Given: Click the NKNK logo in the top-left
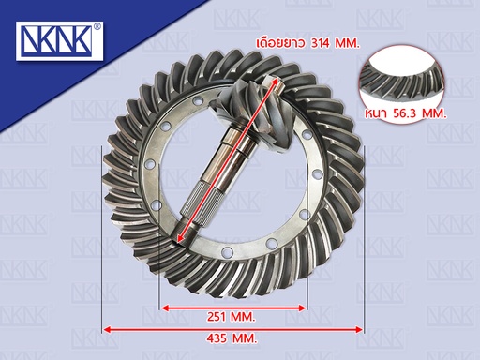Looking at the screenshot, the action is point(59,41).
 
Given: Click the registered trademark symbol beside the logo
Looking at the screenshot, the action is point(97,26).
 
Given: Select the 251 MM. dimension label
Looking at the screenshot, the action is point(232,317).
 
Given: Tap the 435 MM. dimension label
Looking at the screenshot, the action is point(232,338).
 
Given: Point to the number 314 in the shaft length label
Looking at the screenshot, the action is point(320,43).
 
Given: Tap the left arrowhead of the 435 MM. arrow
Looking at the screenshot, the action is point(107,329).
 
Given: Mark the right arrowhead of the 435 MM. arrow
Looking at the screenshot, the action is point(359,329).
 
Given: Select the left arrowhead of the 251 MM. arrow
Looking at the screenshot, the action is point(165,308).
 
